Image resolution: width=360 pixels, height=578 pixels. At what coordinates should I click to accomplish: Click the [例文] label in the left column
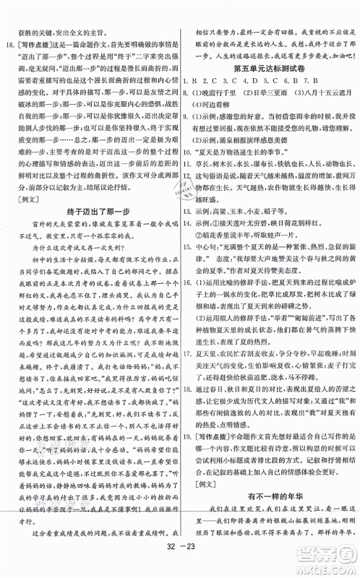(21, 215)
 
